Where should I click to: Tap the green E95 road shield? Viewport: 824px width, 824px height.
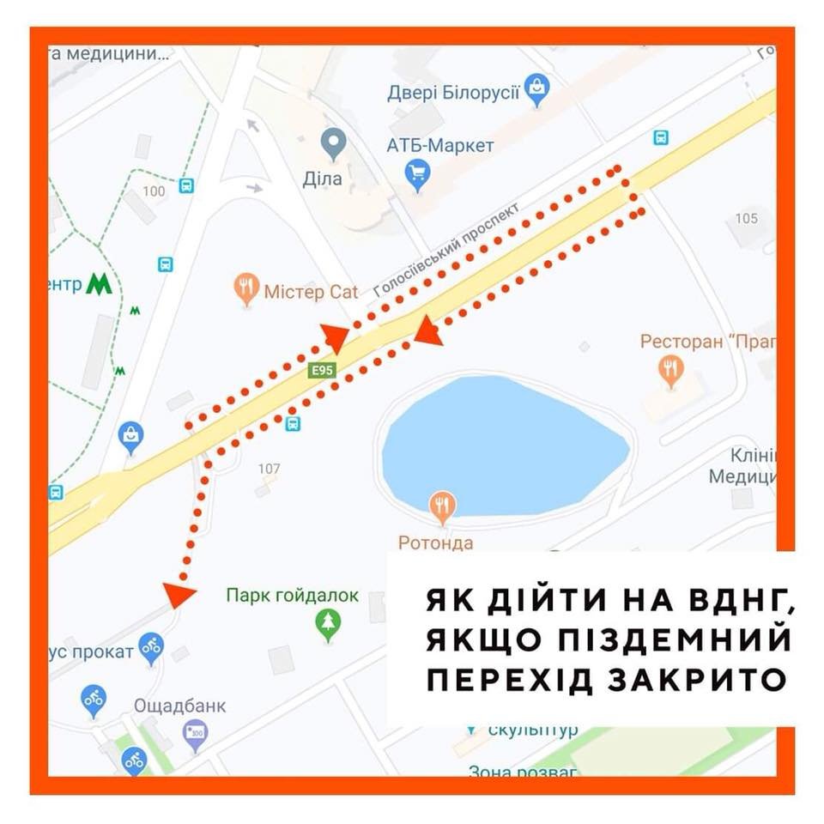[x=323, y=370]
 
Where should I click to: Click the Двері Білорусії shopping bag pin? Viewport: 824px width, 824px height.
[x=537, y=88]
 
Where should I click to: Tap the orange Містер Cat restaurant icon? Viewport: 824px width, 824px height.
[x=247, y=289]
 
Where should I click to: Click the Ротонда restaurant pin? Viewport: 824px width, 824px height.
[x=442, y=507]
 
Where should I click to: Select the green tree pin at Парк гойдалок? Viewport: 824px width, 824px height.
[x=328, y=624]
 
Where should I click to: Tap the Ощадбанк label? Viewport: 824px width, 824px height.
[x=179, y=706]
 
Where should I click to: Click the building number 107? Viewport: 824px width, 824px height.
[x=270, y=469]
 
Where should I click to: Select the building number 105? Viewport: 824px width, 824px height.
[x=746, y=218]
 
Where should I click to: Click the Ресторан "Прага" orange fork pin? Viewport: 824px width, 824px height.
[x=669, y=371]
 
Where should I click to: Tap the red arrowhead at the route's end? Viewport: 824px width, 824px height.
[x=179, y=594]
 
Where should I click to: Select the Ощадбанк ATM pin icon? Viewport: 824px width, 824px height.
[x=196, y=735]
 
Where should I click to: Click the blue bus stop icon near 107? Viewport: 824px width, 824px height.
[x=293, y=423]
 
